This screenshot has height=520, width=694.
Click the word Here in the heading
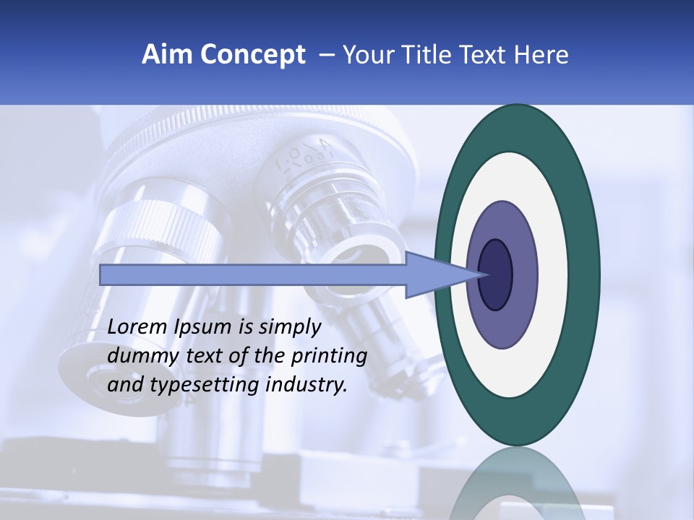(x=541, y=55)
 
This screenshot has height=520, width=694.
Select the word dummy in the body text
(x=140, y=356)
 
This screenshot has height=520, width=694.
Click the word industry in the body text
(x=307, y=385)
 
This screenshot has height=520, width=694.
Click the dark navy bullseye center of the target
(x=496, y=274)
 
